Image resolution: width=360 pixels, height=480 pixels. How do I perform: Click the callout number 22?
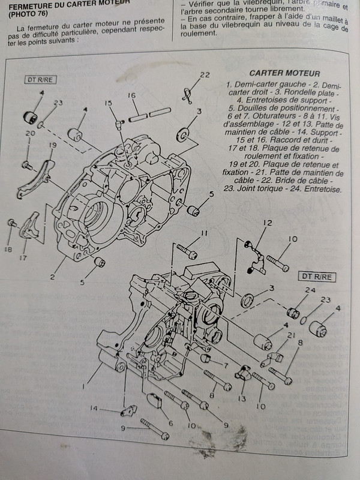click(205, 75)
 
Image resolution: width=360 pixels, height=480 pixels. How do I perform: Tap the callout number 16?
click(132, 96)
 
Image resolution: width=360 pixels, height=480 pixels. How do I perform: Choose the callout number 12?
click(268, 223)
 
